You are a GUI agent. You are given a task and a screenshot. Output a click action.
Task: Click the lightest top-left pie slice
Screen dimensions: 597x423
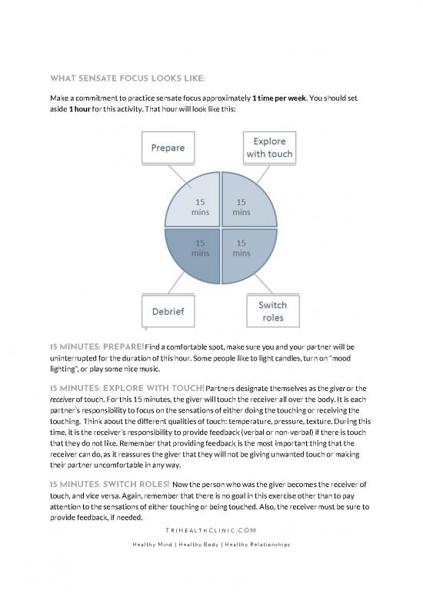[x=192, y=206]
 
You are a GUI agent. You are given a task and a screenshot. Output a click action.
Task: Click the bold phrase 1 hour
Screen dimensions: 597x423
[x=83, y=111]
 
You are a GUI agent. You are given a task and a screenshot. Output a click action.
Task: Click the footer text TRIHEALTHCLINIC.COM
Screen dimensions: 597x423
[x=211, y=530]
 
